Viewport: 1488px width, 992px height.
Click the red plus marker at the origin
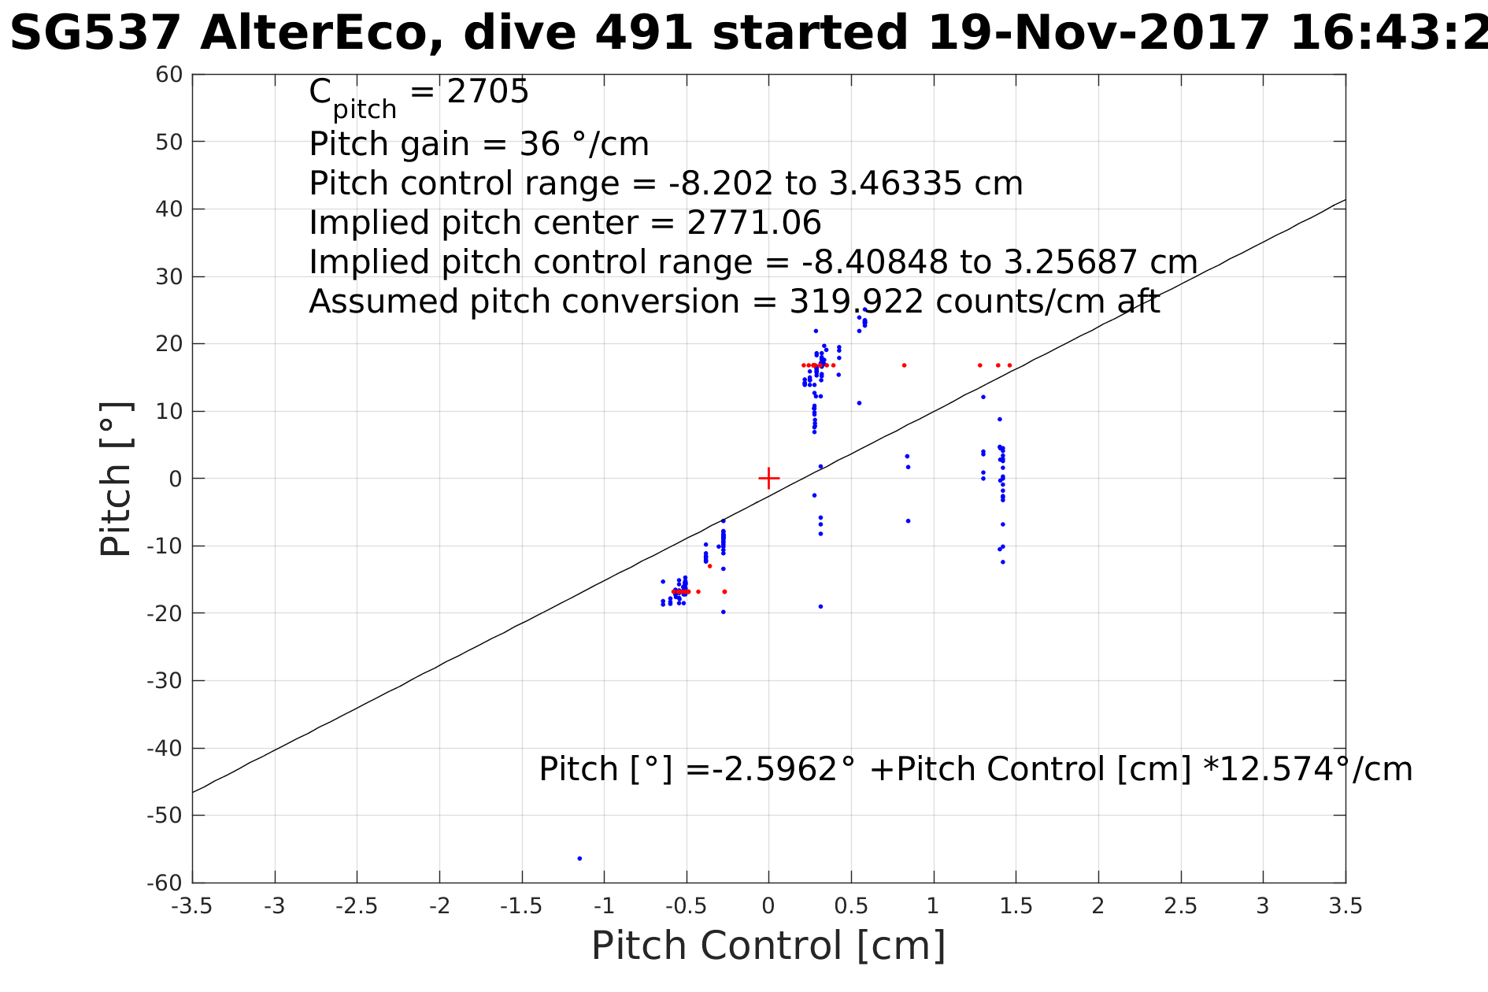coord(768,478)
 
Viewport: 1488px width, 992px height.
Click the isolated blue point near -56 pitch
coord(579,858)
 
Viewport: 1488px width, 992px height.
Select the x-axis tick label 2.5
coord(1180,906)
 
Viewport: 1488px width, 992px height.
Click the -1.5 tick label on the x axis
coord(521,906)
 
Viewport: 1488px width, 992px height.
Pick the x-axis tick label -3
coord(274,906)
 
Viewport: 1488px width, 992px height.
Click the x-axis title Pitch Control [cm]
coord(768,946)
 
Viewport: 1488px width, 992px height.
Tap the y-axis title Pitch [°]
coord(117,479)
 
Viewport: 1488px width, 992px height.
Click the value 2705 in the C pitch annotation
coord(487,92)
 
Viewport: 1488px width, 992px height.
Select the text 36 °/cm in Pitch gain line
coord(584,144)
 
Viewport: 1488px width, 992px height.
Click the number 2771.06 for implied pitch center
coord(753,223)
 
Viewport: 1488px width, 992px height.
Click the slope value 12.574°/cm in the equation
coord(1308,769)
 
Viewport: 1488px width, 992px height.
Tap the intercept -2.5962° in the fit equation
coord(776,769)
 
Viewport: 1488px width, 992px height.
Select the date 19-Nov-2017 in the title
coord(1098,34)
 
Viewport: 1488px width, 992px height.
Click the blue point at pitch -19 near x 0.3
coord(820,606)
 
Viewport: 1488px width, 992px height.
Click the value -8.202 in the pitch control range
coord(721,183)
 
